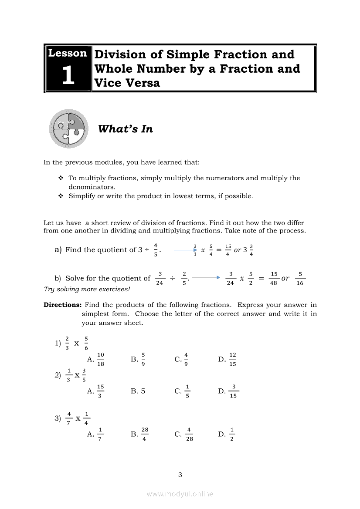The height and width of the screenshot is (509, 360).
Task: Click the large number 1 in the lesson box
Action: pos(68,75)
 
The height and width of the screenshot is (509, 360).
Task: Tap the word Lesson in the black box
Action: pos(68,53)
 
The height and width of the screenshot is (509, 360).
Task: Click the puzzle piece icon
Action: pos(68,128)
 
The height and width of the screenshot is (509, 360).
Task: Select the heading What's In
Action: pos(126,129)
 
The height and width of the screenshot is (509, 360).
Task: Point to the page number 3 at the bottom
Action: pos(180,475)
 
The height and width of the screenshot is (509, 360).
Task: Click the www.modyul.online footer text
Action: pos(180,494)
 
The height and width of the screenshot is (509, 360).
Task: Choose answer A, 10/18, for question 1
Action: pos(96,360)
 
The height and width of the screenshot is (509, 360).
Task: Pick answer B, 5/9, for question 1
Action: pos(139,360)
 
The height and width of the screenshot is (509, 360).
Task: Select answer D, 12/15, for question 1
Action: pos(228,360)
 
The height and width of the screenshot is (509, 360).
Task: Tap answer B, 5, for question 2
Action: pos(138,391)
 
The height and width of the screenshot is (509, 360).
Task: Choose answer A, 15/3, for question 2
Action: pos(96,391)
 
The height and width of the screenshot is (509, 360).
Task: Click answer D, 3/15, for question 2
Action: pos(228,391)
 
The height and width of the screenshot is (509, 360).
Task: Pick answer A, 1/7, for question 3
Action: pos(95,434)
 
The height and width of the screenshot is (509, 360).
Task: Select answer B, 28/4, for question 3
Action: pos(140,434)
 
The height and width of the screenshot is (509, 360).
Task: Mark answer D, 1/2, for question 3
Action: pos(227,434)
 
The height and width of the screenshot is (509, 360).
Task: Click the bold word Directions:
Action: pos(62,305)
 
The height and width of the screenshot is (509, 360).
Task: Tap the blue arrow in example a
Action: pos(185,250)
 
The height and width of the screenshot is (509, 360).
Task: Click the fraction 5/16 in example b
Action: pos(300,278)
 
